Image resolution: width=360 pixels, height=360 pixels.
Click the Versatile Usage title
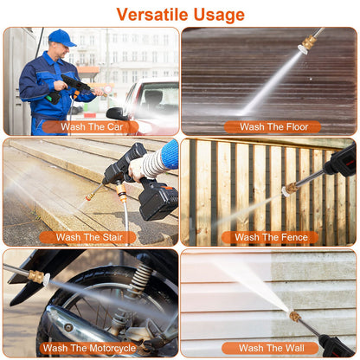point(180,15)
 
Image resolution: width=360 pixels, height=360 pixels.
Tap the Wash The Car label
point(90,126)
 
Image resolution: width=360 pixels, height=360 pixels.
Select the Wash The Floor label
point(272,126)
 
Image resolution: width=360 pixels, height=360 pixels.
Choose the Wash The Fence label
point(270,237)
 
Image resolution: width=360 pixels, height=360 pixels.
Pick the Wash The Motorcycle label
point(89,348)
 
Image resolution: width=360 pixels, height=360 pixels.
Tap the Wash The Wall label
point(270,348)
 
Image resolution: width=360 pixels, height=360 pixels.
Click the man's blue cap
point(61,37)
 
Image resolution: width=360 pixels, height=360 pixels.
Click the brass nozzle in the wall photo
point(295,317)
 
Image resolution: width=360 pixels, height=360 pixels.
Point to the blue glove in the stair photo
point(170,154)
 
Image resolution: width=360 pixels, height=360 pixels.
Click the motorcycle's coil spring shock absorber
point(138,282)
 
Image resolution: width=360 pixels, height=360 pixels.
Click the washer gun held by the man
point(74,87)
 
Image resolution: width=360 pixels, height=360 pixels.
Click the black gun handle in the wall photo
point(332,345)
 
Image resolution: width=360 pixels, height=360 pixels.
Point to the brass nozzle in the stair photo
point(90,196)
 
